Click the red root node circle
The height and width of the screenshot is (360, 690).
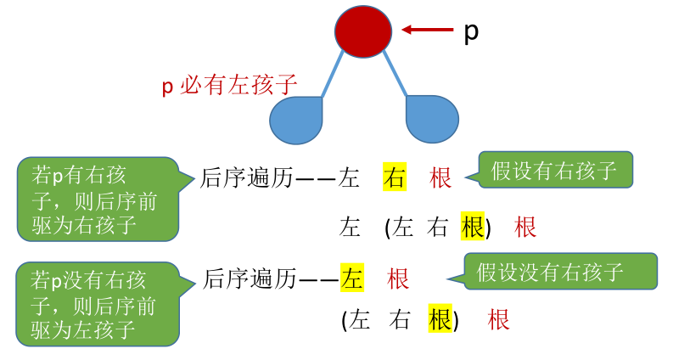point(363,30)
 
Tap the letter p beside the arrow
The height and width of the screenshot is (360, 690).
point(471,32)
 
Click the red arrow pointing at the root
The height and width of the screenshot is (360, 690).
point(428,30)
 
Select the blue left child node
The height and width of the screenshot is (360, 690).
point(297,120)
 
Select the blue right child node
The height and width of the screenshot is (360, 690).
point(432,118)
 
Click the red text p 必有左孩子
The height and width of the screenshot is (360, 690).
point(229,85)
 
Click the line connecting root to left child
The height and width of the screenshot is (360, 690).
point(333,73)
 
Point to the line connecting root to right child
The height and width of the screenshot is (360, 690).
point(396,73)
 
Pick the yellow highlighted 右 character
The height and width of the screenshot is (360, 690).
point(395,177)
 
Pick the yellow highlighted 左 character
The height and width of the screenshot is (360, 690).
point(351,278)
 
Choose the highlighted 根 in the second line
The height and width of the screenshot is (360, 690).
point(472,227)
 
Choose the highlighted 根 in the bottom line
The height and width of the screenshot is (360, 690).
point(440,319)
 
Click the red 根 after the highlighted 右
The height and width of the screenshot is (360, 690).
point(441,177)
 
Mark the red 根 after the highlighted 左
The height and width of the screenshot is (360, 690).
point(398,278)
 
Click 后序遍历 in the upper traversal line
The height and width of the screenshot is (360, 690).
point(247,177)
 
